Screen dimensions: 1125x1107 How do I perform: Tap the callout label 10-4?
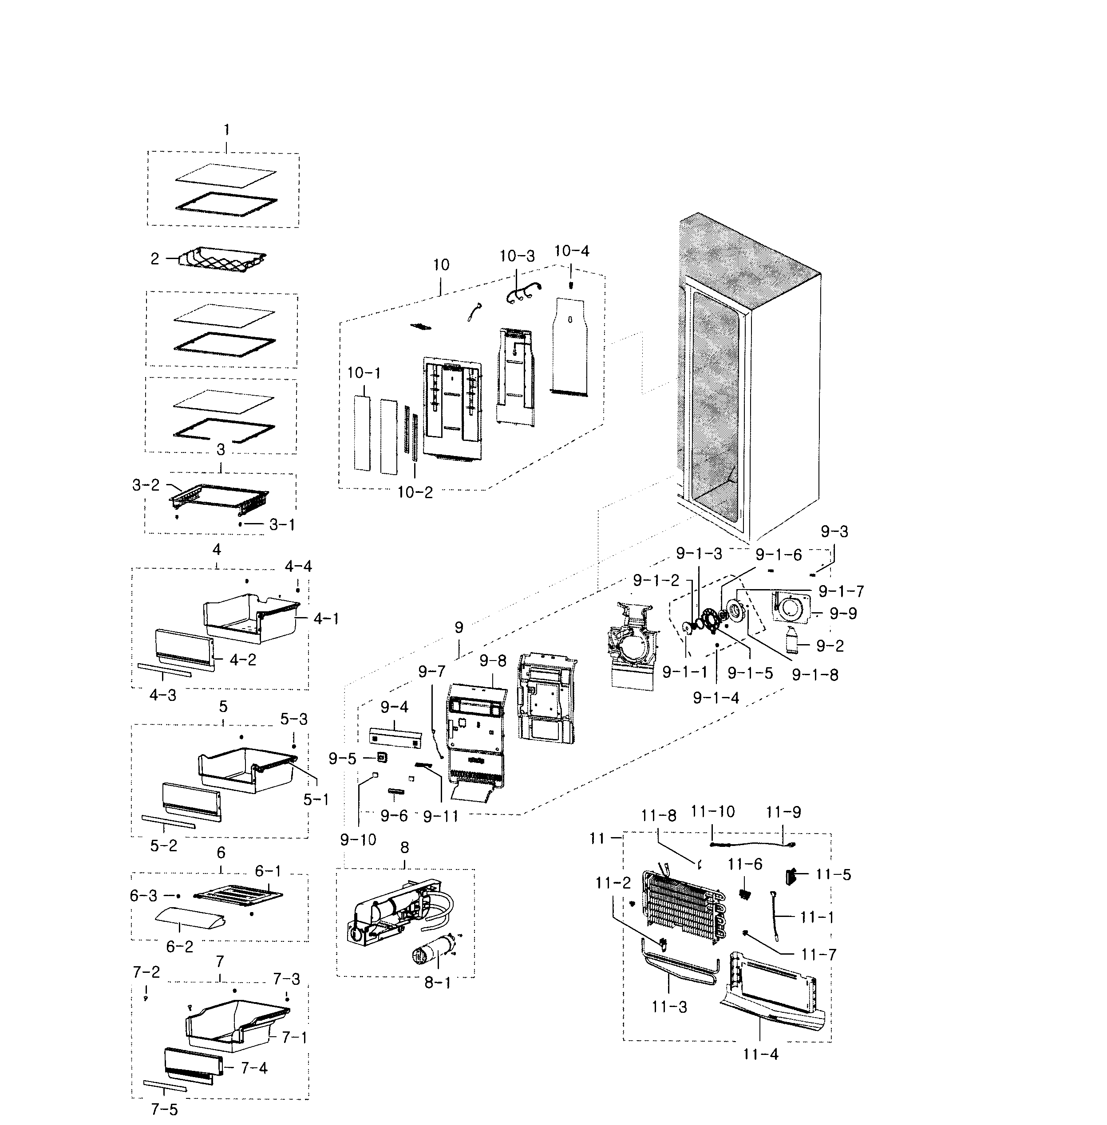click(x=572, y=251)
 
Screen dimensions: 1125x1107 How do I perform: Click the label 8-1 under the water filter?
click(x=437, y=983)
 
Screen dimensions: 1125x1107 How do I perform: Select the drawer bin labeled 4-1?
click(x=250, y=619)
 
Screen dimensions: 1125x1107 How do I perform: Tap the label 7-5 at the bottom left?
click(x=165, y=1109)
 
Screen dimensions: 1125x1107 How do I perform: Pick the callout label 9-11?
click(x=441, y=816)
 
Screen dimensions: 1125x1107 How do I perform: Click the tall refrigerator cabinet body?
click(x=750, y=378)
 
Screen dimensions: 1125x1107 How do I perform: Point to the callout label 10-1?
click(x=364, y=373)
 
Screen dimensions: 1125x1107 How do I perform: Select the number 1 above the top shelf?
click(x=227, y=130)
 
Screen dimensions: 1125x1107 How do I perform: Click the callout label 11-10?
click(x=712, y=811)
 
